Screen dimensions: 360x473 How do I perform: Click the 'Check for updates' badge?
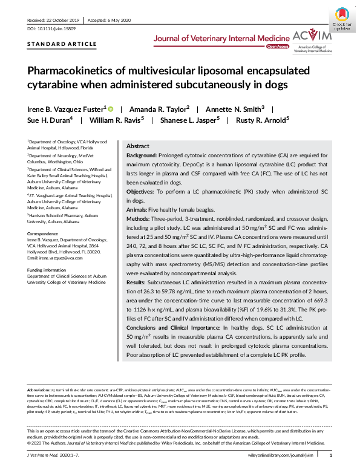tap(341, 18)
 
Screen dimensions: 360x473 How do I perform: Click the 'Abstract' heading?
tap(137, 146)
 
